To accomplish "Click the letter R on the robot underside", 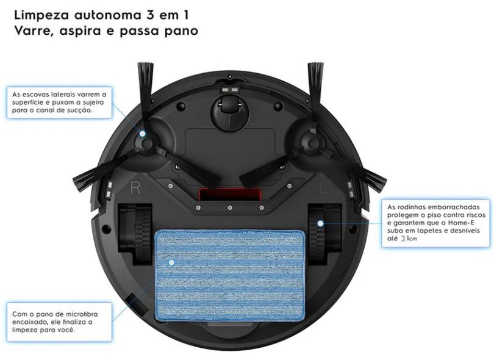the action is [x=135, y=187].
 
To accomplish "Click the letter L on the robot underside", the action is [x=324, y=187].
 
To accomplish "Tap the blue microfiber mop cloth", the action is [x=230, y=275].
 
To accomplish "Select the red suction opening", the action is [x=229, y=195].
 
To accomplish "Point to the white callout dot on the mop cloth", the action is [x=172, y=262].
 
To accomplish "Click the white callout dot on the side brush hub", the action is [x=143, y=134].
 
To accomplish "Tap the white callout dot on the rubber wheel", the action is [x=320, y=223].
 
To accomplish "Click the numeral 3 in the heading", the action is [x=151, y=15].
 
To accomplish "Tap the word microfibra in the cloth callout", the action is [x=82, y=314].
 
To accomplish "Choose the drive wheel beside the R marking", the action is [x=135, y=234].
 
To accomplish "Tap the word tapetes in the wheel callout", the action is [x=433, y=231].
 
